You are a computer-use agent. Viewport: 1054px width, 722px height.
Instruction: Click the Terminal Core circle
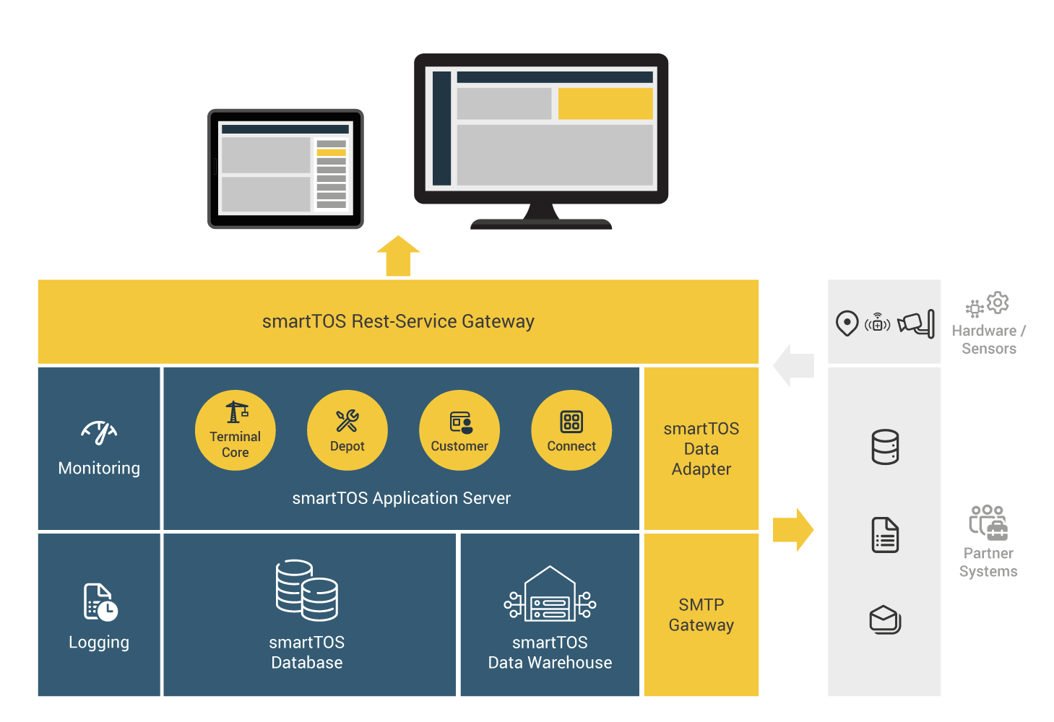236,430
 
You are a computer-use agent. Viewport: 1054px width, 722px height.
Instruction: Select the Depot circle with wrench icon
347,430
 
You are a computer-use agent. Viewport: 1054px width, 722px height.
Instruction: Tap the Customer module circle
459,430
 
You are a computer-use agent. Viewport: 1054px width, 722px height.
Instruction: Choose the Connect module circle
571,430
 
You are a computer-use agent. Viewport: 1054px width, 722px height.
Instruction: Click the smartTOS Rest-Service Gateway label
398,321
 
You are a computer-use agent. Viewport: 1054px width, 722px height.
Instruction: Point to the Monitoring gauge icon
99,432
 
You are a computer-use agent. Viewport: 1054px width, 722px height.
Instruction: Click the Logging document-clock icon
100,602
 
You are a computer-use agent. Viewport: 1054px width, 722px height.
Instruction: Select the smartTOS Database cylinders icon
307,590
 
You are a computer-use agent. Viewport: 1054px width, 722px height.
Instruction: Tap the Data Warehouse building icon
550,593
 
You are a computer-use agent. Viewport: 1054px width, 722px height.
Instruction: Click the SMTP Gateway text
701,614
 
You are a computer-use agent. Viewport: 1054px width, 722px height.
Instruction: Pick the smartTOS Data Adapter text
701,448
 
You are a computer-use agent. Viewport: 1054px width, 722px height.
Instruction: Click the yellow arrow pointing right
793,529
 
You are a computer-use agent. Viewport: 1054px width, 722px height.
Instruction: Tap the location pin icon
847,323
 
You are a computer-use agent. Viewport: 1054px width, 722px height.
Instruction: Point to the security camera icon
916,323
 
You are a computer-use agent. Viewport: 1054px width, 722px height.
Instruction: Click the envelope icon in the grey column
885,619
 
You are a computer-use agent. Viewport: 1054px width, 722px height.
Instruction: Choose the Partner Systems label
988,562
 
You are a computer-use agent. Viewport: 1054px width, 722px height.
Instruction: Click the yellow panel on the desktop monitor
605,103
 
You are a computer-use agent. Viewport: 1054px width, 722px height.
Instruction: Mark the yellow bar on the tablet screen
332,152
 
